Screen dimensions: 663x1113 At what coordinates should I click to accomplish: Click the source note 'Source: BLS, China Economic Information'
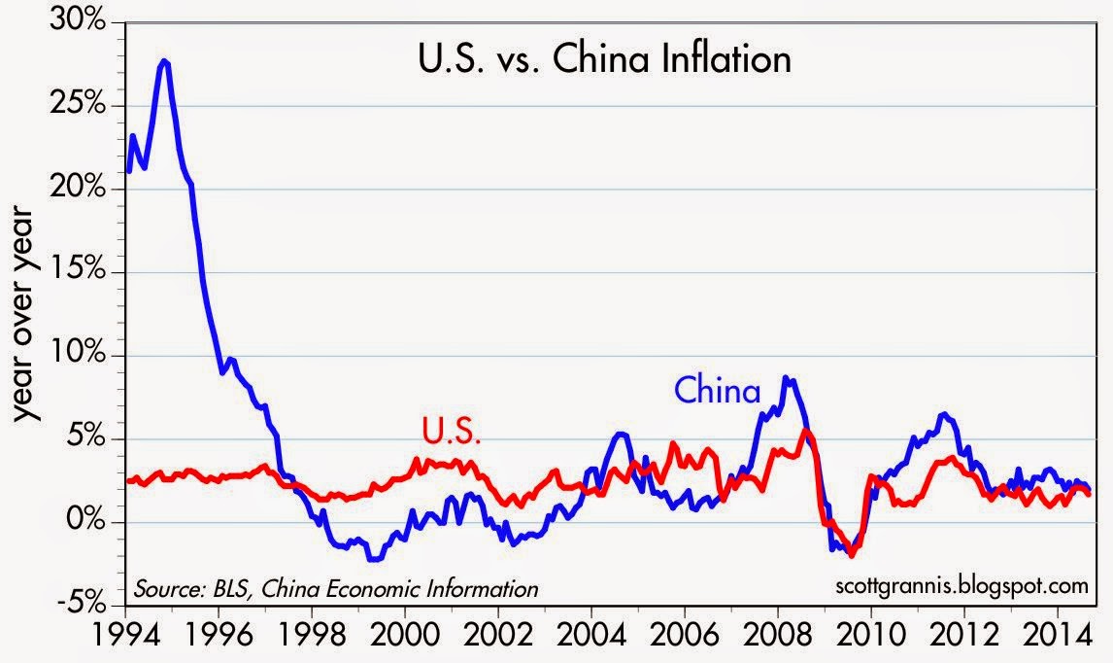point(335,588)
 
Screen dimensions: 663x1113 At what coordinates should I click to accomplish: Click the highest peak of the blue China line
point(164,61)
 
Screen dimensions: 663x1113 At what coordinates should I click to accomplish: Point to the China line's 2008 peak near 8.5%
point(788,379)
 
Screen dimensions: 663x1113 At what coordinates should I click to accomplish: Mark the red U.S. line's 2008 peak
point(805,431)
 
